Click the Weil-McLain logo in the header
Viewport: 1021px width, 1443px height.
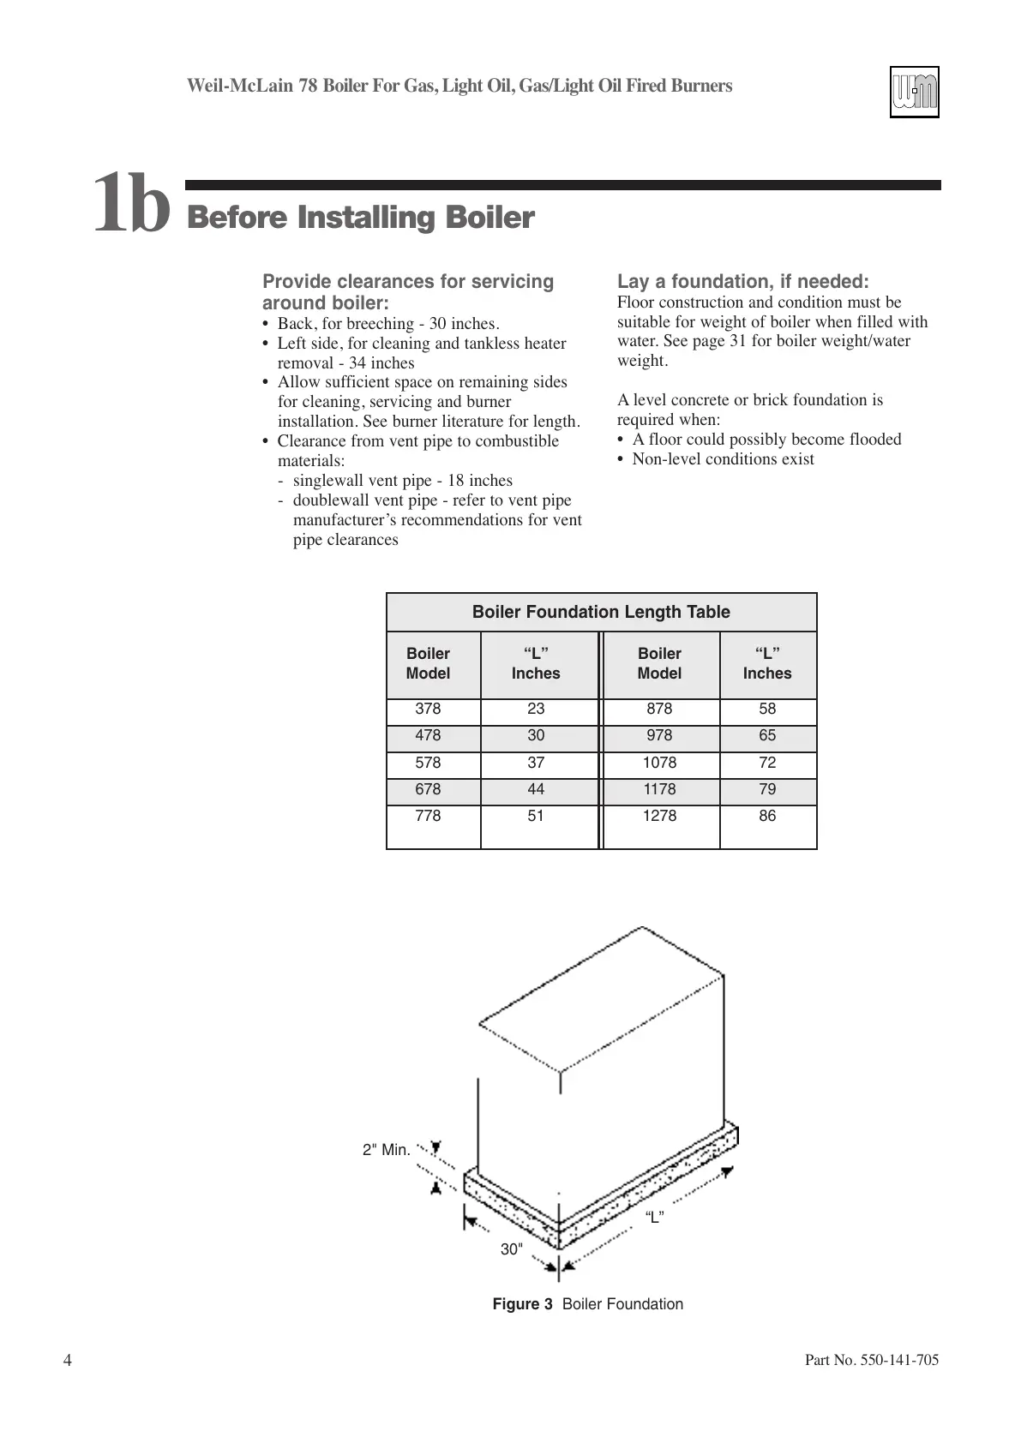[x=914, y=92]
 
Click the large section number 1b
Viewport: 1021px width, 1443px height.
[x=131, y=204]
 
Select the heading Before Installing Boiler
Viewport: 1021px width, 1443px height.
[x=361, y=218]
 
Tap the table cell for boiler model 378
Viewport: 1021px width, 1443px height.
[x=428, y=709]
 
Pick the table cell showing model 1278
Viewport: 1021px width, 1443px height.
[x=659, y=816]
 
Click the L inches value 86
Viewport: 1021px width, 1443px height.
[x=767, y=816]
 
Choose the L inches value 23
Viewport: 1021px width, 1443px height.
[x=536, y=709]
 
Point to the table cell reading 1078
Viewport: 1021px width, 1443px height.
[x=659, y=763]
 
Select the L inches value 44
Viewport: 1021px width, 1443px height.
[x=536, y=789]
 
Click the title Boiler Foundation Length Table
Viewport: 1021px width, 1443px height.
[x=601, y=612]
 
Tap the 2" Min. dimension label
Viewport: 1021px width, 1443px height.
[x=387, y=1150]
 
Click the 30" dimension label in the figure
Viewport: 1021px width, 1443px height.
[x=512, y=1249]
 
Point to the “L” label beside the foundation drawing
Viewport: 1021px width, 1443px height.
[x=654, y=1218]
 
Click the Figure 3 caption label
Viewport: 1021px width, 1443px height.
[x=522, y=1304]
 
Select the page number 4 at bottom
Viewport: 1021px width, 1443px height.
[x=68, y=1361]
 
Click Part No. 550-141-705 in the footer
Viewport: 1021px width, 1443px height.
[x=872, y=1361]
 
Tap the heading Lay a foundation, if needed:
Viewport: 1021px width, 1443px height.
[x=743, y=282]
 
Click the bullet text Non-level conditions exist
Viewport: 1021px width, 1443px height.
[x=723, y=459]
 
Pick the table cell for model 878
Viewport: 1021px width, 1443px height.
[x=659, y=709]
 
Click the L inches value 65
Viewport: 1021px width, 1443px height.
[x=767, y=735]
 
